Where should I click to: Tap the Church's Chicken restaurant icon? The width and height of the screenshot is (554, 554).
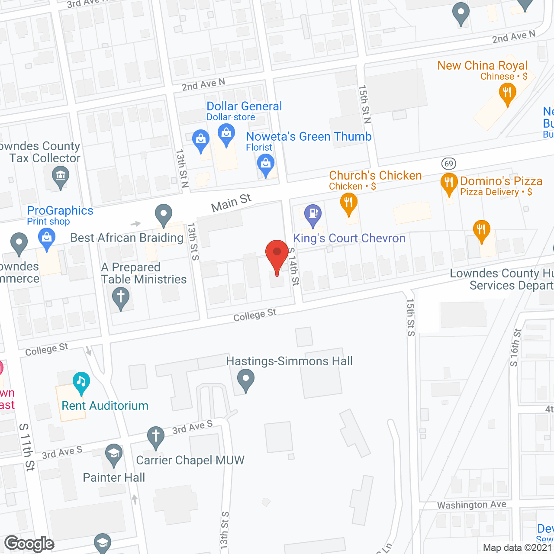(x=348, y=203)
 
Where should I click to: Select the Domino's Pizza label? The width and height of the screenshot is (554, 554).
(x=501, y=181)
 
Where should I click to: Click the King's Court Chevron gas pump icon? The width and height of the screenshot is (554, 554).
(x=312, y=214)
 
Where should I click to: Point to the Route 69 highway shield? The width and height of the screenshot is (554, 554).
(x=449, y=163)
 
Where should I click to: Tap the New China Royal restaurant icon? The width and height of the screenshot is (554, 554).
(x=507, y=93)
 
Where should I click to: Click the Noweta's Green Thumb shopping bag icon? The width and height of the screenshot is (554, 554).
(x=265, y=165)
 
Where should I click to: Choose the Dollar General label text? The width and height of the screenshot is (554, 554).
(x=244, y=106)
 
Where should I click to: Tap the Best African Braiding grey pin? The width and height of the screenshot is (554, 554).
(x=164, y=214)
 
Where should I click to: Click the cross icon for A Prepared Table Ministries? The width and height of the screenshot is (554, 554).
(x=121, y=298)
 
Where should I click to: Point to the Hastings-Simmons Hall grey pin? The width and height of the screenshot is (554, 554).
(x=246, y=379)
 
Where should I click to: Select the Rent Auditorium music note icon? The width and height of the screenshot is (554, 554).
(x=81, y=382)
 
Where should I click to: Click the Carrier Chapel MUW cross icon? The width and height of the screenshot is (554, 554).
(x=155, y=436)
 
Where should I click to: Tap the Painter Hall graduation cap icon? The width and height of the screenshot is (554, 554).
(x=114, y=454)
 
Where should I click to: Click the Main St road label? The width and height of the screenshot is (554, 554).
(x=231, y=203)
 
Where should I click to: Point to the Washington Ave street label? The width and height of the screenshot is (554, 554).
(x=471, y=505)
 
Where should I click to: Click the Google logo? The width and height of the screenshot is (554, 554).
(x=29, y=544)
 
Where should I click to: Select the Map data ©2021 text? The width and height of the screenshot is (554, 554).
(x=517, y=548)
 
